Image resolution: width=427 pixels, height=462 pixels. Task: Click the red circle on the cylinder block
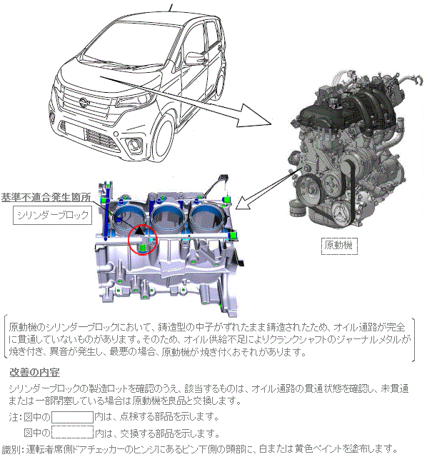tap(129, 240)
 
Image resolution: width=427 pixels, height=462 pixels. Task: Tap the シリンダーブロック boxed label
tap(52, 215)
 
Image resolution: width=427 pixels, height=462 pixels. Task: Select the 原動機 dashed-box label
tap(339, 246)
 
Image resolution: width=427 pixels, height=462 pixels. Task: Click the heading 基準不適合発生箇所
tap(46, 197)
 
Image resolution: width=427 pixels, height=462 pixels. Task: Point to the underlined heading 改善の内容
tap(34, 373)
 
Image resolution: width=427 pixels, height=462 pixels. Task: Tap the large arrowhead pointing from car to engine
tap(253, 116)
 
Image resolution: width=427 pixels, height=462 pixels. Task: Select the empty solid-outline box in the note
tap(73, 417)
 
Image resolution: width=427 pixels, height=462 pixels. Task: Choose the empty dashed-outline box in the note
tap(73, 432)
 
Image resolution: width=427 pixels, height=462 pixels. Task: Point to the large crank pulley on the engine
tap(308, 189)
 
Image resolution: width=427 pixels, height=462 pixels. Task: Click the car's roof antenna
tap(171, 7)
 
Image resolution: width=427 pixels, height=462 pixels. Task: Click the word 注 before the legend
tap(14, 417)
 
